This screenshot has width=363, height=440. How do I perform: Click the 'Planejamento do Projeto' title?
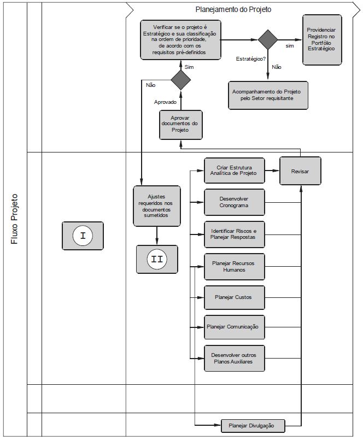coord(233,9)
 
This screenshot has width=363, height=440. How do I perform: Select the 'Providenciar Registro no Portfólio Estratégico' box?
coord(322,40)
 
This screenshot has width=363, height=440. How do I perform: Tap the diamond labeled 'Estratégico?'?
coord(267,39)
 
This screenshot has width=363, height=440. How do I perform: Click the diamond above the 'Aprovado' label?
coord(181,80)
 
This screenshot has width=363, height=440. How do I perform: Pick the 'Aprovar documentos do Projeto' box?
coord(181,125)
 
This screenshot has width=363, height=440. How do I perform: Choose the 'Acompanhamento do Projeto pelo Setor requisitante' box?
coord(268,96)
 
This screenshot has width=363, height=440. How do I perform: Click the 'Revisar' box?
coord(300,171)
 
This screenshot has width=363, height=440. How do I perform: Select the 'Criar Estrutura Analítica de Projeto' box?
coord(234,171)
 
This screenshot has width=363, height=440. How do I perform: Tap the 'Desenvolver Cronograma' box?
coord(234,202)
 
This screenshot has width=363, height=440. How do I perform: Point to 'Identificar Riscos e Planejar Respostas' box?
coord(234,234)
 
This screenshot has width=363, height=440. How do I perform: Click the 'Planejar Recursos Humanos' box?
coord(234,267)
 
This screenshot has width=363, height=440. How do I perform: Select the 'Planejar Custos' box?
coord(234,297)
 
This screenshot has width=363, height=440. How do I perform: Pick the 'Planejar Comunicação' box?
coord(234,327)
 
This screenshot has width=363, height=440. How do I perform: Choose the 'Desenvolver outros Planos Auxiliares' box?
coord(234,359)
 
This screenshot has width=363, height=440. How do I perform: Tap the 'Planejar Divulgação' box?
coord(253,426)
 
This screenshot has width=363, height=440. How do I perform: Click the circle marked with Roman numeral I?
coord(83,236)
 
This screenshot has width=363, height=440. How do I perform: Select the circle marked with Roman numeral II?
coord(157,259)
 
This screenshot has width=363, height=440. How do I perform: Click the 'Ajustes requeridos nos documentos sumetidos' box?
coord(157,206)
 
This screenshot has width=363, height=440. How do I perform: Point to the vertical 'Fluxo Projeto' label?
coord(14,219)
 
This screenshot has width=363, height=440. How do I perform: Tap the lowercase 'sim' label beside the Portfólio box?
coord(290,46)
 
